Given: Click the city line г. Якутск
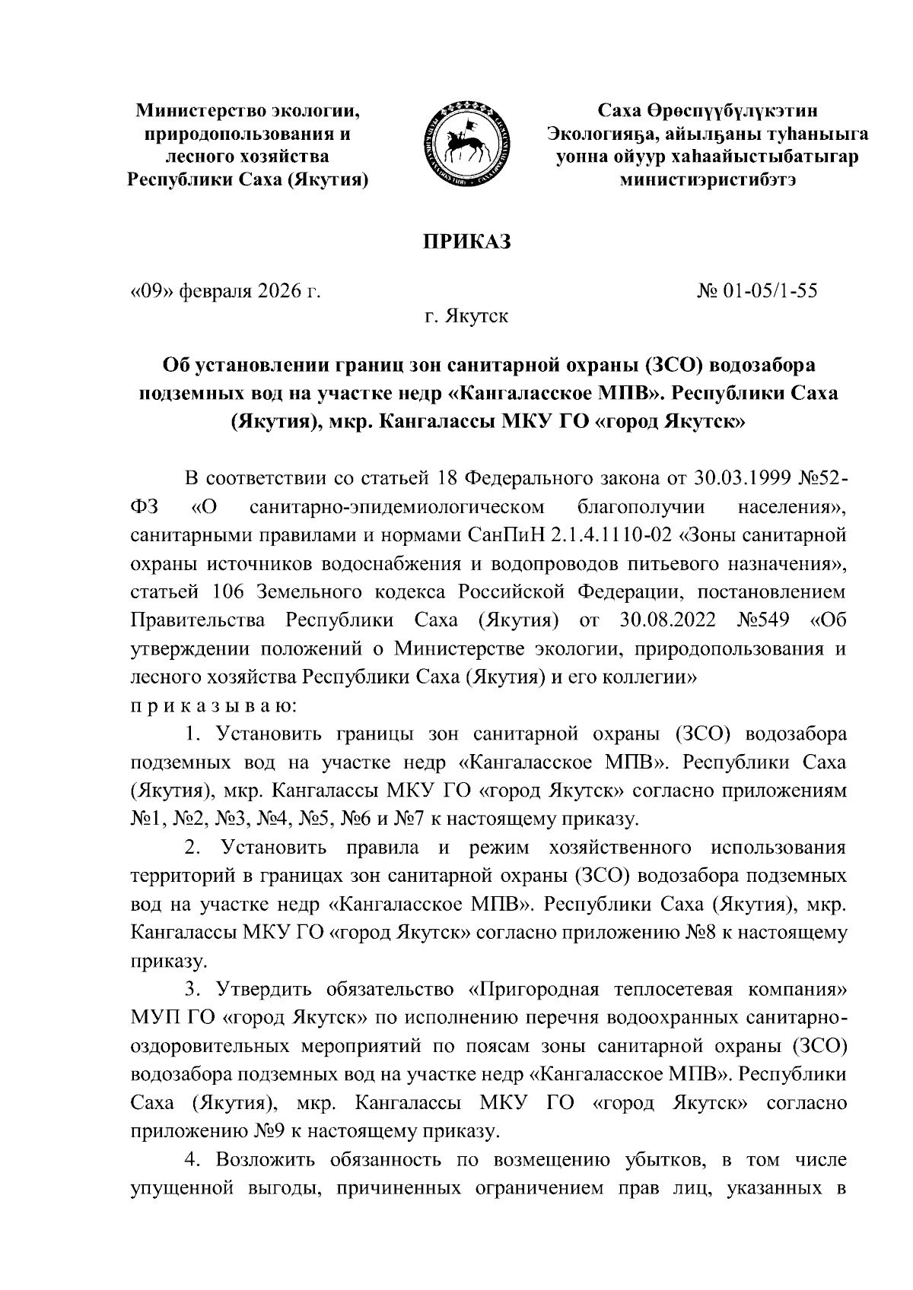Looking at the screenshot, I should click(466, 315).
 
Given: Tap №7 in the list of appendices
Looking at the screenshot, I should click(412, 818).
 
